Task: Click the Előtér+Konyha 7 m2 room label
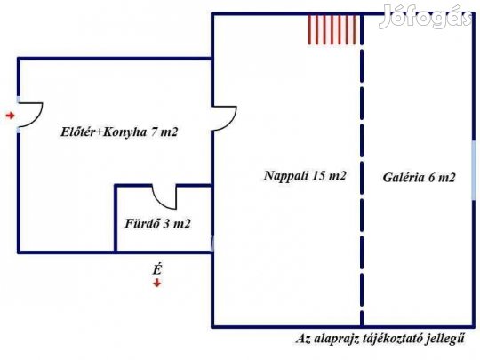pos(119,132)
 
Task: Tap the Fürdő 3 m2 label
pos(157,223)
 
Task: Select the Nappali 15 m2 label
pos(305,176)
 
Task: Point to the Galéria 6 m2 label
pos(419,178)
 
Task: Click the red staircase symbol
pos(332,29)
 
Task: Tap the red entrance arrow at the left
pos(11,116)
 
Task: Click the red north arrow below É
pos(157,284)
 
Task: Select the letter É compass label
pos(157,269)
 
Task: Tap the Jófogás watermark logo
pos(426,16)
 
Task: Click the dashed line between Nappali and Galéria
pos(362,170)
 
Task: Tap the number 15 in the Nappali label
pos(319,176)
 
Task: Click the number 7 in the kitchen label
pos(155,132)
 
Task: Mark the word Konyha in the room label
pos(125,132)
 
